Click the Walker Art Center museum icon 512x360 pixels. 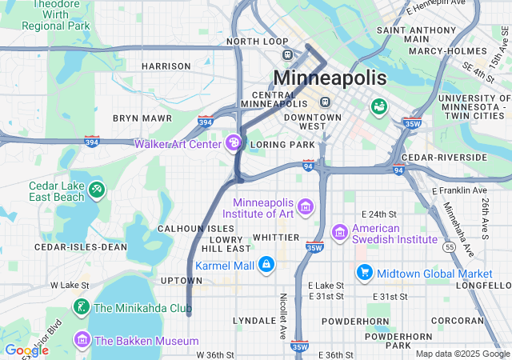(x=234, y=144)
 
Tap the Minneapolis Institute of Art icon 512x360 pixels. (x=305, y=209)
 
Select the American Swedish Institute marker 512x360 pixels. (x=339, y=231)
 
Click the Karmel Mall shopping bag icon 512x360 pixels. (x=266, y=264)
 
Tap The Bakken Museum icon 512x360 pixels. (x=81, y=341)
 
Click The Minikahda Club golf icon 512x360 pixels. (x=81, y=307)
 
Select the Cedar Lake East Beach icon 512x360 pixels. (x=97, y=190)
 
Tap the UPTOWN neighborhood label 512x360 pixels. (x=182, y=281)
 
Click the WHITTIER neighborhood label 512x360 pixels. (x=275, y=238)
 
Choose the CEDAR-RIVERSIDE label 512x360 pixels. (x=444, y=158)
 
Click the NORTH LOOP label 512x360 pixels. (x=257, y=41)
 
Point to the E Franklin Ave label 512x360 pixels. (x=458, y=191)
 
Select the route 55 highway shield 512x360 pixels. (x=451, y=249)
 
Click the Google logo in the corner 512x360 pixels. (x=26, y=350)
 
